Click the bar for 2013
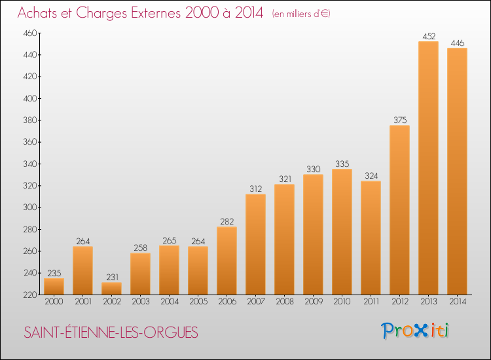pyautogui.click(x=428, y=168)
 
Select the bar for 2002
pyautogui.click(x=111, y=289)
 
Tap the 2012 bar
pyautogui.click(x=399, y=209)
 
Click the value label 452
pyautogui.click(x=428, y=37)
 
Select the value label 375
pyautogui.click(x=399, y=120)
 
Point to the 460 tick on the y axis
pyautogui.click(x=30, y=33)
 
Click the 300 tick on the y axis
pyautogui.click(x=30, y=207)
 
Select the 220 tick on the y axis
pyautogui.click(x=30, y=295)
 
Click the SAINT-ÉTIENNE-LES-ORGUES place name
pyautogui.click(x=111, y=332)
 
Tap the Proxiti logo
pyautogui.click(x=416, y=331)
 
